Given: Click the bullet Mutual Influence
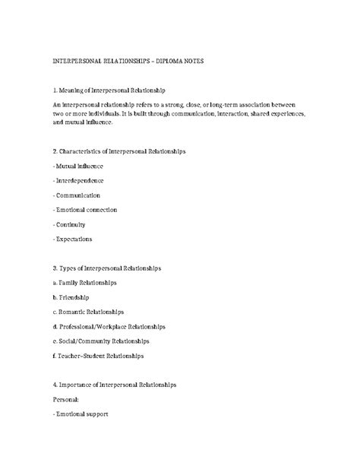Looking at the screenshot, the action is click(79, 165).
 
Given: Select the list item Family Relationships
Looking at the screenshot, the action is click(85, 283).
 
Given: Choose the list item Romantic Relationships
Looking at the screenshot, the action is click(89, 312).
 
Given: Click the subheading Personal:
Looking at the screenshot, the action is click(66, 400).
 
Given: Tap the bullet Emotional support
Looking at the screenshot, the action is click(81, 414).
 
